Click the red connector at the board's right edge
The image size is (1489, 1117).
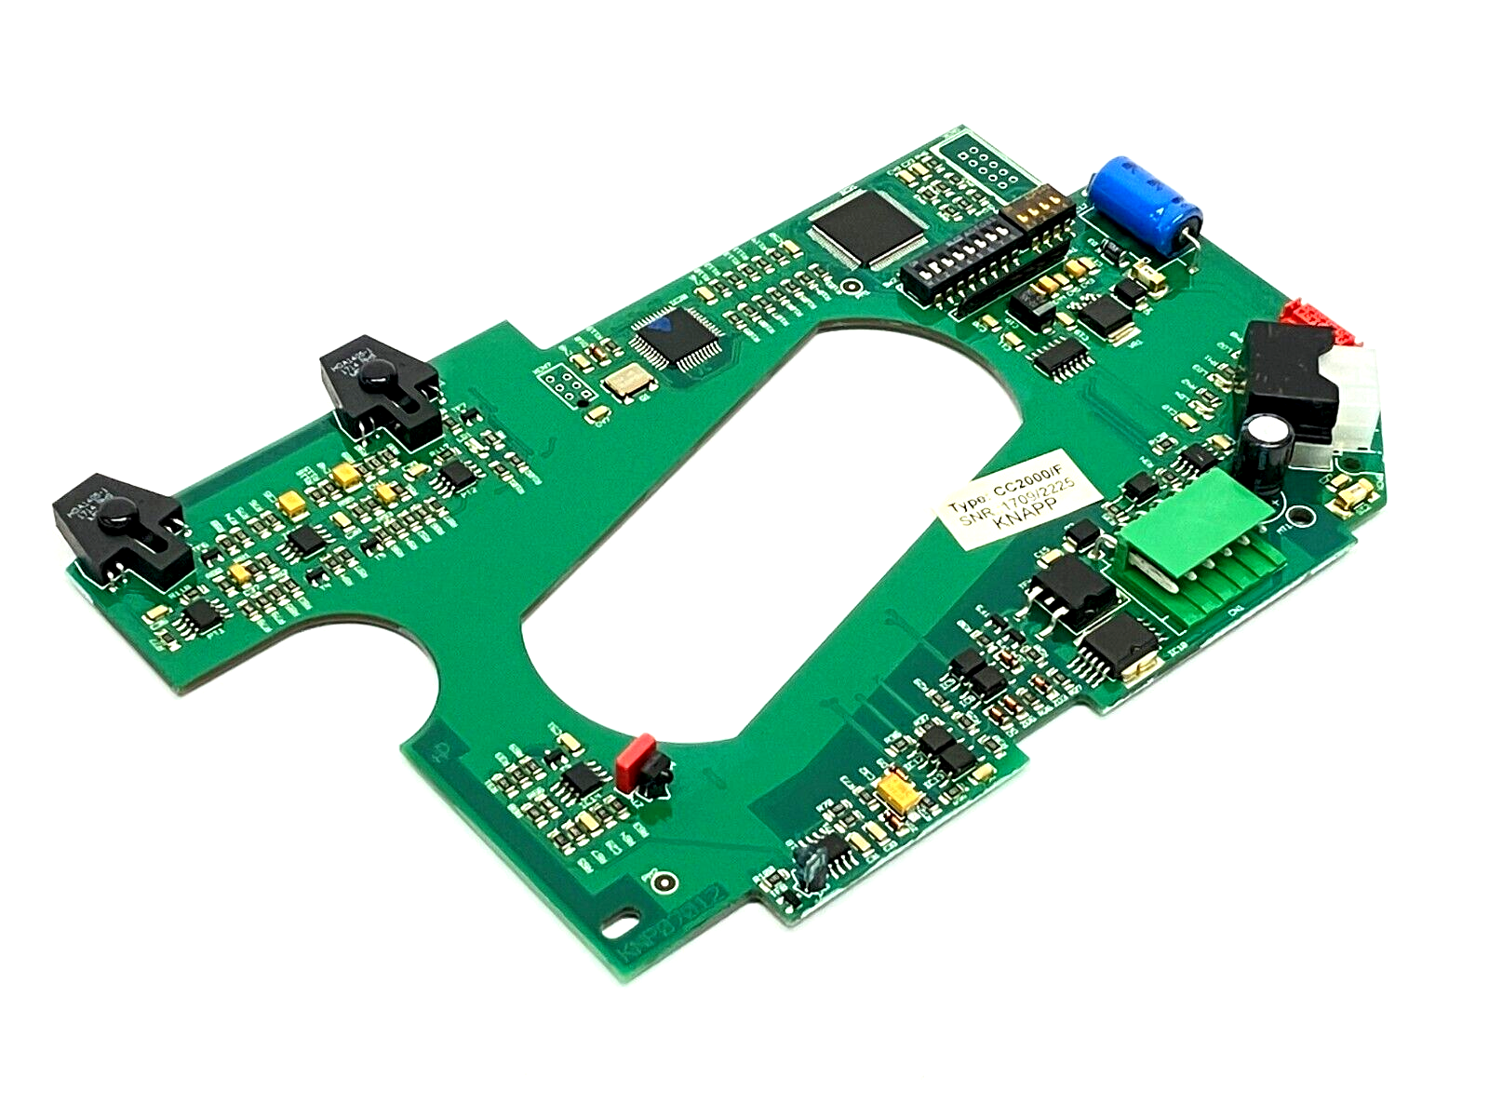[x=1316, y=320]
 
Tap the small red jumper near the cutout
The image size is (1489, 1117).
[x=636, y=762]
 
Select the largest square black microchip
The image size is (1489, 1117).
[x=863, y=227]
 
